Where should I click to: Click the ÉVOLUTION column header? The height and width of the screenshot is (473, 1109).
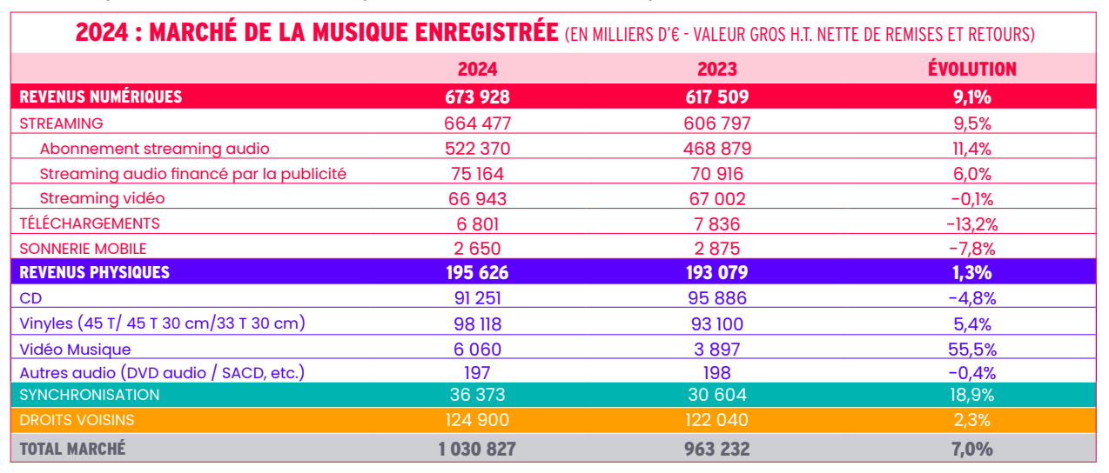click(x=972, y=69)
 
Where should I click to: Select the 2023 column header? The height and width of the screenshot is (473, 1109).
click(x=717, y=70)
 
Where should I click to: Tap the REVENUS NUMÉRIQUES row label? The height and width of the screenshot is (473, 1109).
click(x=101, y=97)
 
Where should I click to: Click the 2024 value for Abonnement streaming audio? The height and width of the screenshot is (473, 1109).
click(x=477, y=149)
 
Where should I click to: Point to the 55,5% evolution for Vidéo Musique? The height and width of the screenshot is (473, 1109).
click(x=973, y=349)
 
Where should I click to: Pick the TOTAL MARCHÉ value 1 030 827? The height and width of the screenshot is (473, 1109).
click(x=477, y=450)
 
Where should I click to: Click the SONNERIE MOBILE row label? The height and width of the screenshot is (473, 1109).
click(x=83, y=249)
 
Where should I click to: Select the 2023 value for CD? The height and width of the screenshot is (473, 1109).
click(x=717, y=298)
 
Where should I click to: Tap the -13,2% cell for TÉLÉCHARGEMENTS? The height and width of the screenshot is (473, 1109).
click(x=971, y=223)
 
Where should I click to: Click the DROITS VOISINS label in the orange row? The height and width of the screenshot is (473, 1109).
click(x=77, y=421)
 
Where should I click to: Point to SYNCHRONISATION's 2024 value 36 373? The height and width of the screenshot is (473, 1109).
click(x=477, y=395)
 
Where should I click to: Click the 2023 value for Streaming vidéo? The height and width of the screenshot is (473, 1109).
click(x=717, y=198)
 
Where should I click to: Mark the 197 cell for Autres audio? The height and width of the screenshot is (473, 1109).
click(x=477, y=373)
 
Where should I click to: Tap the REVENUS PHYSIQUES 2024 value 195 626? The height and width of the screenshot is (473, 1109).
click(x=477, y=273)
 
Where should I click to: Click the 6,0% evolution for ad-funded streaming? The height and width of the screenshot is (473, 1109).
click(x=973, y=174)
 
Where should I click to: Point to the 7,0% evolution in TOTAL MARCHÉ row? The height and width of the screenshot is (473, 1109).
click(x=973, y=450)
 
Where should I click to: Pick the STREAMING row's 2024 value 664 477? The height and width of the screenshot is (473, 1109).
click(x=477, y=123)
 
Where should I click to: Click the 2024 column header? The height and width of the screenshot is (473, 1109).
click(x=477, y=70)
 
